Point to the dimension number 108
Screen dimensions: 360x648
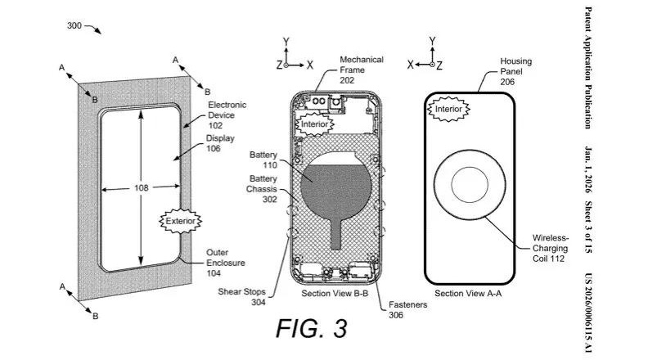[x=141, y=187]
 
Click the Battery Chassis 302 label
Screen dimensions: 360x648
[x=264, y=187]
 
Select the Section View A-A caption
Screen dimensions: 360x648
[x=467, y=293]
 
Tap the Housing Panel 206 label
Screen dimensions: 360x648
[x=516, y=70]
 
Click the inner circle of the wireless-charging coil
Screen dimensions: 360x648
[x=470, y=187]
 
